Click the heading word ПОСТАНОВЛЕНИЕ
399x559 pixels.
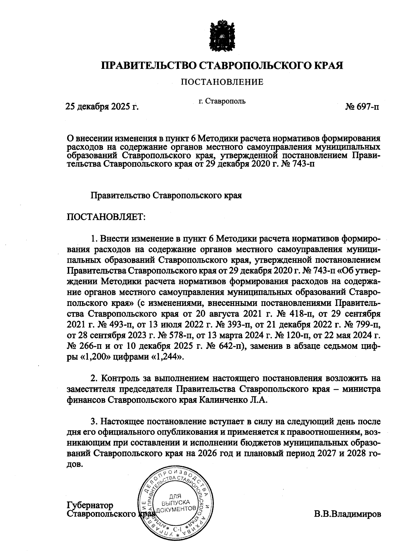pos(222,82)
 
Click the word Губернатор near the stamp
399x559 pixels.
pos(90,505)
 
